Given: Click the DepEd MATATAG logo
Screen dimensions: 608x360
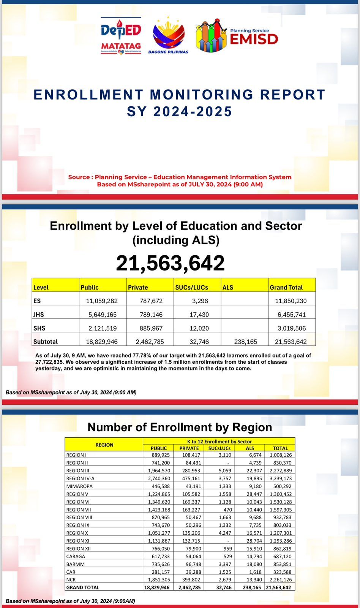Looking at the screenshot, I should click(x=121, y=36).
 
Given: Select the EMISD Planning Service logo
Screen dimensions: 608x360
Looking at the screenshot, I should click(x=237, y=36).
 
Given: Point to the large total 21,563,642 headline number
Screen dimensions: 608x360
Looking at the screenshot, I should click(x=170, y=263).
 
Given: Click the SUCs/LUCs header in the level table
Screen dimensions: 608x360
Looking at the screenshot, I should click(x=192, y=288).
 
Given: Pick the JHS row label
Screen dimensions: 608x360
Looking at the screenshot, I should click(x=39, y=315).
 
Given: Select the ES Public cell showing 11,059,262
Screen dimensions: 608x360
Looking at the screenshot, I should click(x=102, y=301).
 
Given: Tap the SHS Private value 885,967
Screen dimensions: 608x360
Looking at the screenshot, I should click(x=151, y=328).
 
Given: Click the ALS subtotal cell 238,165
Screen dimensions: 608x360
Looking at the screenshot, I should click(x=246, y=342).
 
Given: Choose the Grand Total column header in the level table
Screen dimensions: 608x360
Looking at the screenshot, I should click(x=286, y=288).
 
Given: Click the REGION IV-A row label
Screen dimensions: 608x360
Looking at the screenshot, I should click(x=80, y=478).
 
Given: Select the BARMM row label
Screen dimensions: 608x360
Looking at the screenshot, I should click(x=76, y=564).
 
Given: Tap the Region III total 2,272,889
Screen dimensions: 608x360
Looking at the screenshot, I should click(x=281, y=470).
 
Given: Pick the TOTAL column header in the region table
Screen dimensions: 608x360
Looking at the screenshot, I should click(x=280, y=448).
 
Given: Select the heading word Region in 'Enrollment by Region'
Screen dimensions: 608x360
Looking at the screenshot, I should click(x=252, y=427).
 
